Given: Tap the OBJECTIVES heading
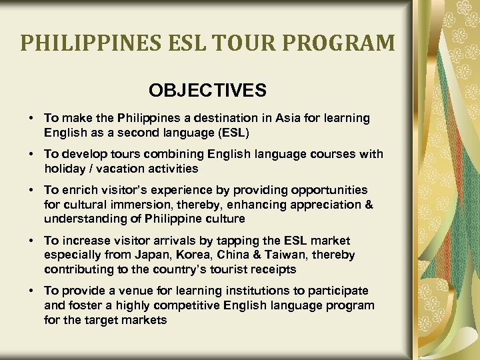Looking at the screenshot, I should tap(207, 90).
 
